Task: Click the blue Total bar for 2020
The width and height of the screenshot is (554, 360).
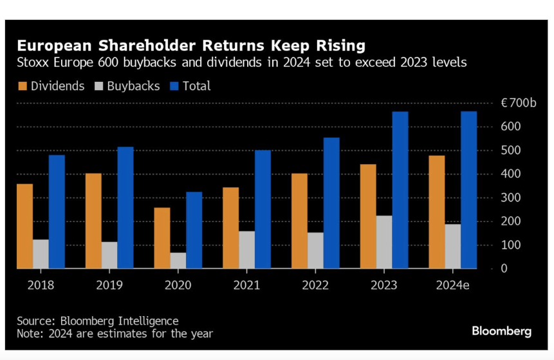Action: coord(194,230)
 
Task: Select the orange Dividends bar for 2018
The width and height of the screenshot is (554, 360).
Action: coord(24,226)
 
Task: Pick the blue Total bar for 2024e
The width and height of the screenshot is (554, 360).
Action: coord(468,190)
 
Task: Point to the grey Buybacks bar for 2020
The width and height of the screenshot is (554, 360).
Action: coord(178,260)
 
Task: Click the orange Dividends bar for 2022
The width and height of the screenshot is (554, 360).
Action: coord(299,221)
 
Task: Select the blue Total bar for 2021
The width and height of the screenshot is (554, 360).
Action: coord(263,209)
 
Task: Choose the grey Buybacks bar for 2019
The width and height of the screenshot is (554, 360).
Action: coord(109,255)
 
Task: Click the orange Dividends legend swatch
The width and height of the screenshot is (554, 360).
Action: coord(23,86)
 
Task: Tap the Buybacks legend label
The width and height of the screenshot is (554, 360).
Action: coord(133,86)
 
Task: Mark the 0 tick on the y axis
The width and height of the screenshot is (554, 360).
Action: coord(504,269)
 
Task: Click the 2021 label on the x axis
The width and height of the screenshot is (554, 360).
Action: coord(247,285)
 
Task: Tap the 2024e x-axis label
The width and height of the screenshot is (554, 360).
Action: coord(453,285)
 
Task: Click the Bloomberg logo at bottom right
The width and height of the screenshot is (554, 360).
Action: coord(501,331)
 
